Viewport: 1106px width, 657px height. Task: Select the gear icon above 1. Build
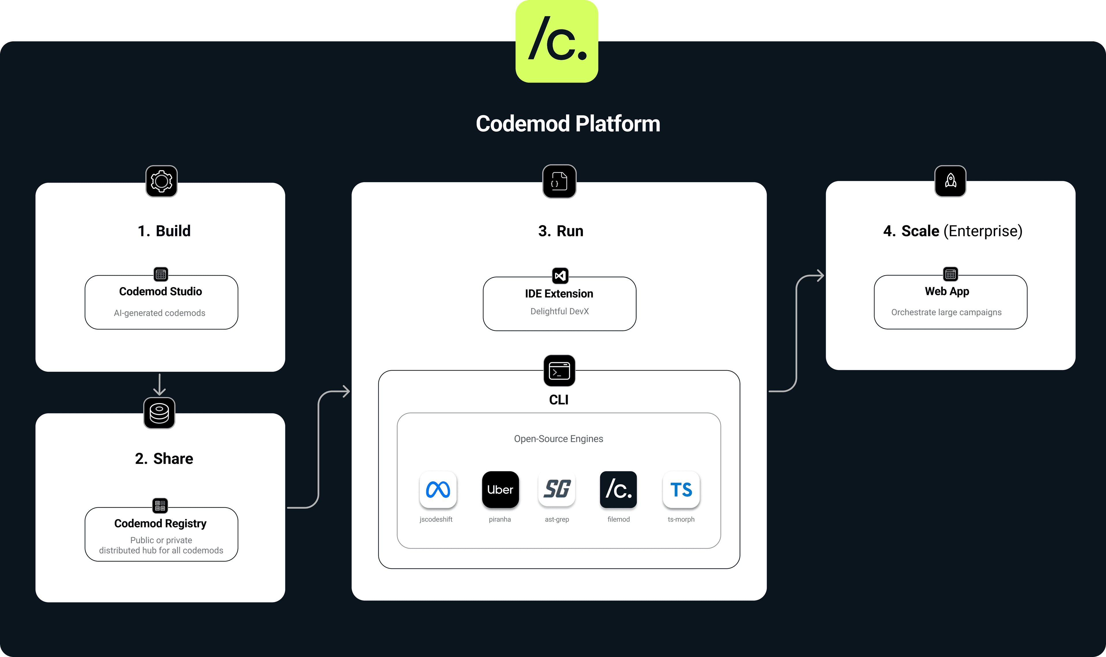(x=162, y=181)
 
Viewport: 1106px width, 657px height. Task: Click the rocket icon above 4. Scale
(x=950, y=181)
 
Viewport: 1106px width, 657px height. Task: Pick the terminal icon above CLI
(x=559, y=371)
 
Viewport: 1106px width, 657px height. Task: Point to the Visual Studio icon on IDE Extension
(x=560, y=276)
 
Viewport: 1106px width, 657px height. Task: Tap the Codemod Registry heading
(x=160, y=523)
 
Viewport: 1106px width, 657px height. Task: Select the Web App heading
(x=947, y=291)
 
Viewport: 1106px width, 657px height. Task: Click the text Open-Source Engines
(x=558, y=439)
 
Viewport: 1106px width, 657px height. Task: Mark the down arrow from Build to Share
(x=159, y=385)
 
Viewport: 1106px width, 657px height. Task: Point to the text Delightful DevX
(x=559, y=311)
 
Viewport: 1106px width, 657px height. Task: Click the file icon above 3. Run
(x=559, y=181)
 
